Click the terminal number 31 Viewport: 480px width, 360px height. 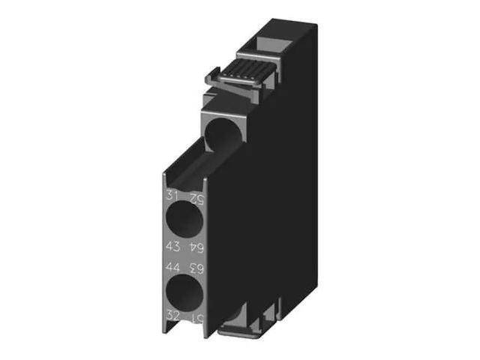pyautogui.click(x=172, y=198)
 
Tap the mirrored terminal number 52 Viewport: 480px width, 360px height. pyautogui.click(x=195, y=199)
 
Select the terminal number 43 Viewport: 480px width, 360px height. pyautogui.click(x=172, y=246)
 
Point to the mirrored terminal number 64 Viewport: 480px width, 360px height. pyautogui.click(x=195, y=247)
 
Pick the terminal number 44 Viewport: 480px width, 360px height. pyautogui.click(x=172, y=265)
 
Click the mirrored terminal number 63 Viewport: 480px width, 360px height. pyautogui.click(x=195, y=265)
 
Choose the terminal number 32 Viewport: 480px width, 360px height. pyautogui.click(x=172, y=314)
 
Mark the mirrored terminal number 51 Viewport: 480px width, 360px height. pyautogui.click(x=195, y=315)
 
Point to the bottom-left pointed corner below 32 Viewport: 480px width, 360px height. pyautogui.click(x=166, y=329)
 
